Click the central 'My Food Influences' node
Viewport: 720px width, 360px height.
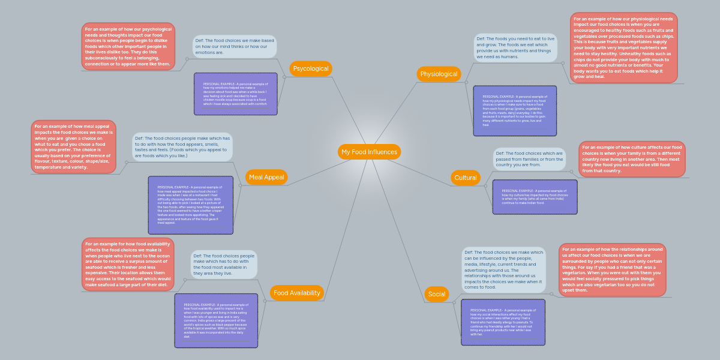click(x=369, y=152)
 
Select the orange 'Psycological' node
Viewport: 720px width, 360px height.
click(x=310, y=68)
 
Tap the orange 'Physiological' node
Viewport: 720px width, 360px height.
click(x=439, y=74)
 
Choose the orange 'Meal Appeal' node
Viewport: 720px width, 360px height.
click(x=266, y=177)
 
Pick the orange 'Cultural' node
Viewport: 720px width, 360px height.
click(x=466, y=178)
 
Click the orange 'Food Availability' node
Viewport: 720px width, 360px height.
click(x=296, y=293)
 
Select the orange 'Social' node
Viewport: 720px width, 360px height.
click(x=436, y=294)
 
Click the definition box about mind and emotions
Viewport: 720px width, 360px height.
click(x=235, y=46)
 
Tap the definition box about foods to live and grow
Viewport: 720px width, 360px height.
click(x=515, y=47)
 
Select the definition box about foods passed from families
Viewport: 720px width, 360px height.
click(x=529, y=159)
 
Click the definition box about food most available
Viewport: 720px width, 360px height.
click(x=224, y=264)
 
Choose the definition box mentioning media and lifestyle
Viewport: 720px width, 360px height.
click(x=503, y=269)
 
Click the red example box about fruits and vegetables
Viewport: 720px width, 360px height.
click(x=623, y=48)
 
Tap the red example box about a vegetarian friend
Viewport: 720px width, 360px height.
click(x=612, y=269)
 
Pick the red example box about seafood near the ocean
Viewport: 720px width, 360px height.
click(x=128, y=265)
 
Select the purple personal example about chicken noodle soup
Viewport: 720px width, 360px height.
click(x=235, y=94)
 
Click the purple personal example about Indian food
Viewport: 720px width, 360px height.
click(x=535, y=197)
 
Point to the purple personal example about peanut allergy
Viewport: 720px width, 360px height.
click(x=503, y=322)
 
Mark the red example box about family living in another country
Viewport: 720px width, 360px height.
click(x=632, y=159)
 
